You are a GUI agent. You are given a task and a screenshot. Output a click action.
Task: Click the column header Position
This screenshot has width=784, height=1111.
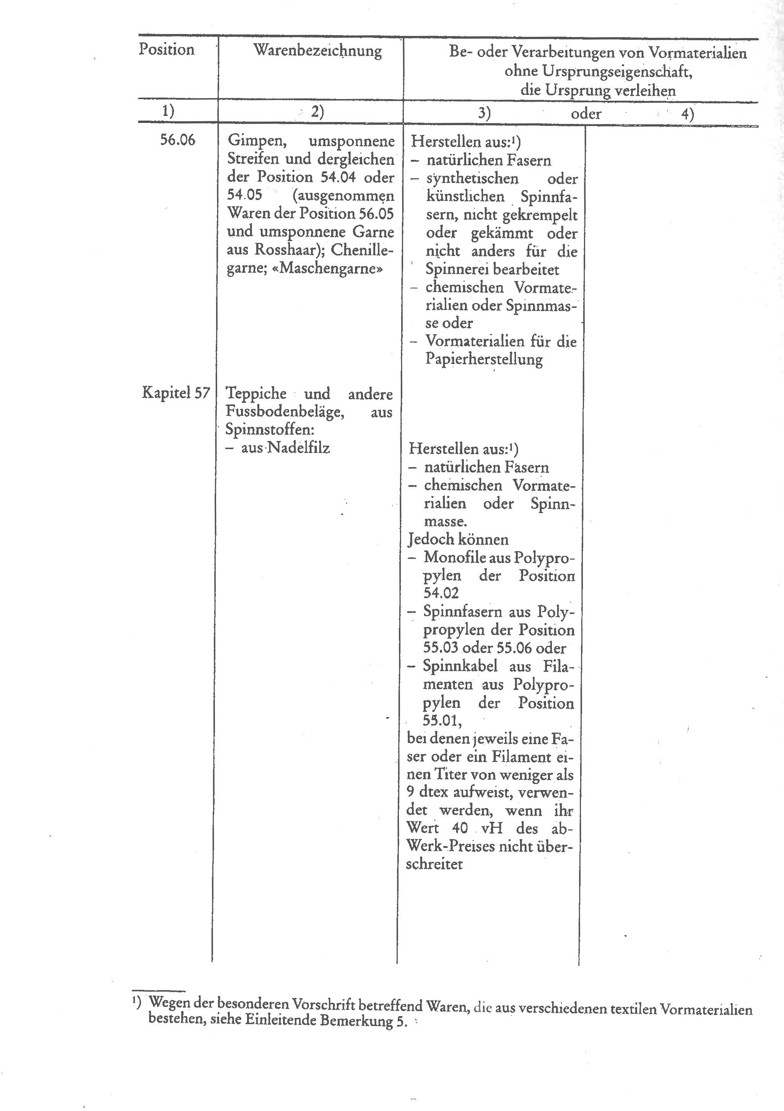tap(166, 49)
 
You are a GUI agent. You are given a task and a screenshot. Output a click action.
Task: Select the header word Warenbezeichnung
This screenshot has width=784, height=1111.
tap(317, 50)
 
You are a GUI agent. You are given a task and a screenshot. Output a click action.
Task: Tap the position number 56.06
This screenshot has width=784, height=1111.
tap(177, 140)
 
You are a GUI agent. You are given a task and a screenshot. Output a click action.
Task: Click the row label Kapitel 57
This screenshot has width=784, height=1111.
tap(176, 393)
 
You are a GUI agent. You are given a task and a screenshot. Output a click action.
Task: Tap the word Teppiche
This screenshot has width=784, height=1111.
tap(256, 393)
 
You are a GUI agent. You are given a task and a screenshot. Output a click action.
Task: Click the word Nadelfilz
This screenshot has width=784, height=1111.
tap(298, 448)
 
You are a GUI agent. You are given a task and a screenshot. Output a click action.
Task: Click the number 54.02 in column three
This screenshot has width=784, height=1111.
tap(441, 593)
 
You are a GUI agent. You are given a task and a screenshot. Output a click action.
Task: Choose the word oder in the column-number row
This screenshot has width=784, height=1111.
tap(586, 114)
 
